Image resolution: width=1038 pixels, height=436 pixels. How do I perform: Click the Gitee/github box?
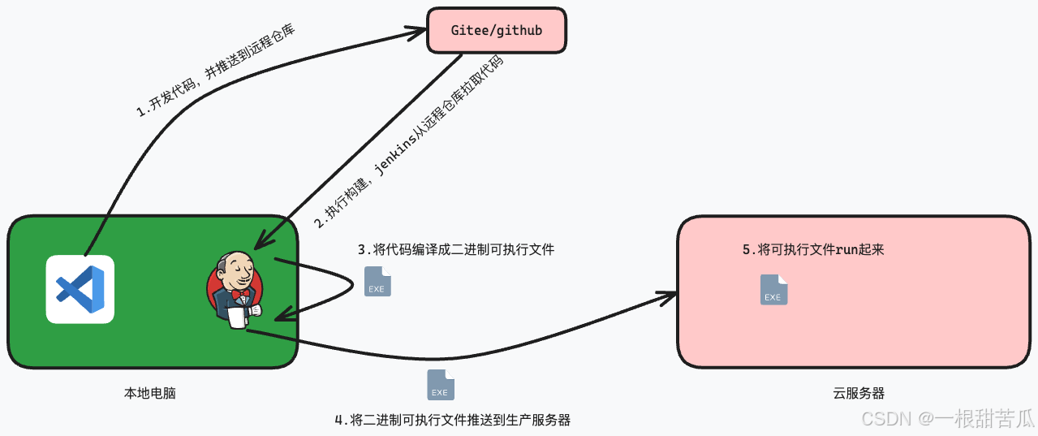[496, 31]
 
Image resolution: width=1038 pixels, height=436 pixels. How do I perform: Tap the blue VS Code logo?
[80, 289]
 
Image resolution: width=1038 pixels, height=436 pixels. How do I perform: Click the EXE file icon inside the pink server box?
[773, 290]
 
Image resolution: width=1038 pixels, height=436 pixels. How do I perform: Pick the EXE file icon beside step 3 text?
[377, 281]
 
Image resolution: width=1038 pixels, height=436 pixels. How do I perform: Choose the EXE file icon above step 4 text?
[441, 385]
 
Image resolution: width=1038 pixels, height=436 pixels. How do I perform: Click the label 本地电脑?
[149, 393]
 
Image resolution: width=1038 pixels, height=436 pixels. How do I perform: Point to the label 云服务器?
[858, 393]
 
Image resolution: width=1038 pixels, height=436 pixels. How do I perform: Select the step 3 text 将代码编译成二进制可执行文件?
[456, 248]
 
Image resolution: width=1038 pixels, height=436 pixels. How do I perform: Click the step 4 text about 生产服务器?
[452, 420]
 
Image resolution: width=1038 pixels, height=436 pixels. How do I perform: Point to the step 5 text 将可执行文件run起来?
[812, 250]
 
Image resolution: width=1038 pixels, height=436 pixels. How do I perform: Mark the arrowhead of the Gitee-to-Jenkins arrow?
[261, 241]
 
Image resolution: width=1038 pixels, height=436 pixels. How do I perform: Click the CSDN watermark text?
[946, 418]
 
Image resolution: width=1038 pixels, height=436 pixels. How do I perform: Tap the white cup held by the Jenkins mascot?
[237, 317]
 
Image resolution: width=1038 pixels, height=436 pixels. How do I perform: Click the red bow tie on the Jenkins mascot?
[240, 293]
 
